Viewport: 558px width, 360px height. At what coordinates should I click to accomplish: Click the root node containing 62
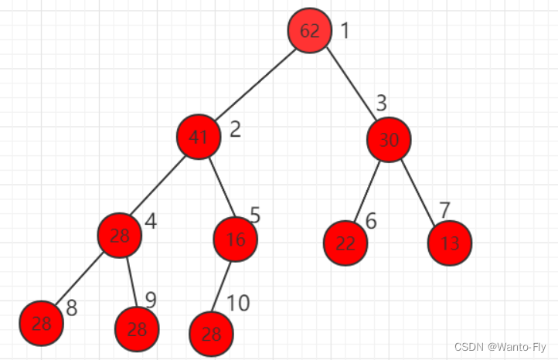pos(309,31)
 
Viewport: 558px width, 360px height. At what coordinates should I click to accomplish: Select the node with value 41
pos(199,138)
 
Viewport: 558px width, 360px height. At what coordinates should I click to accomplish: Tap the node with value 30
pos(389,140)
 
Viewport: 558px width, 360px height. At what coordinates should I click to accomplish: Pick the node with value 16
pos(236,239)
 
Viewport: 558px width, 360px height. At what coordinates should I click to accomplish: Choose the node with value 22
pos(345,243)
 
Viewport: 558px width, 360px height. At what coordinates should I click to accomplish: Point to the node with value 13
pos(449,243)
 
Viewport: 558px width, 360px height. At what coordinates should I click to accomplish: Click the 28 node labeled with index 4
pos(120,235)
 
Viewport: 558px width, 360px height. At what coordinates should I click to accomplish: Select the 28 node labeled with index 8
pos(41,323)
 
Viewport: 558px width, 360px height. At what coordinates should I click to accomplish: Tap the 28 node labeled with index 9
pos(137,329)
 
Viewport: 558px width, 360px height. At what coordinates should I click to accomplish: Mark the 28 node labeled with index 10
pos(211,334)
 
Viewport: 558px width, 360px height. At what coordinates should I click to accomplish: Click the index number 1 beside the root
pos(345,31)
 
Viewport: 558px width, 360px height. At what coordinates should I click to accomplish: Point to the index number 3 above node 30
pos(381,103)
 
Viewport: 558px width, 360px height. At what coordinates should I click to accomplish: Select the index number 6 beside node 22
pos(371,221)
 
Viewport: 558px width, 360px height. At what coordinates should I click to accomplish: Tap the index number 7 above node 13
pos(444,209)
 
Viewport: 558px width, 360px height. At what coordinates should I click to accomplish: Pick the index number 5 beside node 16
pos(255,216)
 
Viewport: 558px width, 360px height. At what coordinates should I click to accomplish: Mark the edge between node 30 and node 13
pos(420,192)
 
